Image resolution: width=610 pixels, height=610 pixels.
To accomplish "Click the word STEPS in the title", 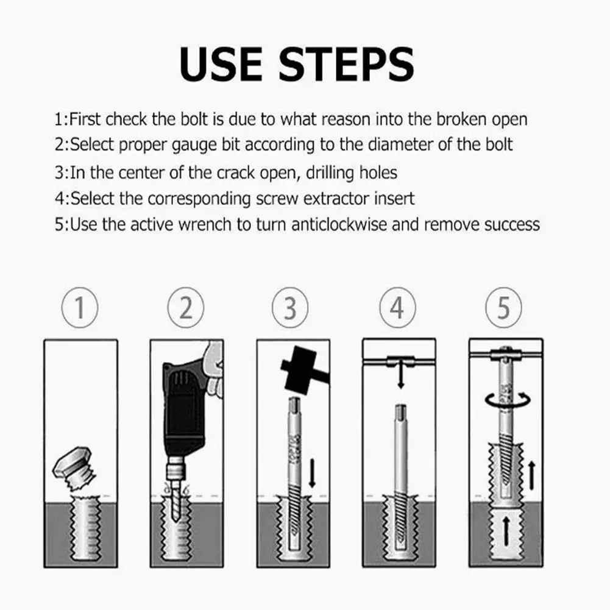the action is [347, 64].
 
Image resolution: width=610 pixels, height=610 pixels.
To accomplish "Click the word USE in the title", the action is [221, 64].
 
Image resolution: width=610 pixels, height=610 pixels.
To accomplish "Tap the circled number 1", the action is [80, 308].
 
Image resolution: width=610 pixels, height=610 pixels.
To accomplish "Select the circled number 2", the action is [186, 308].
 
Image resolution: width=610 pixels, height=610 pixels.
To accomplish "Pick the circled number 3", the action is [290, 308].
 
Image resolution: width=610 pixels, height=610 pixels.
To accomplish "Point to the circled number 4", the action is [397, 308].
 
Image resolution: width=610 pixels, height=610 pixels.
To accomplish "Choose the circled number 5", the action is [503, 308].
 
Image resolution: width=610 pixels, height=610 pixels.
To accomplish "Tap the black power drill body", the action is [182, 408].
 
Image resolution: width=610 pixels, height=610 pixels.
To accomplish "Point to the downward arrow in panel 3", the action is [312, 473].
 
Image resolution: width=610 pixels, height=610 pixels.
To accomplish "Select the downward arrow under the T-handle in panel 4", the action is [401, 375].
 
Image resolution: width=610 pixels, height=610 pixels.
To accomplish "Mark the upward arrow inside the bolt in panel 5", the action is [506, 531].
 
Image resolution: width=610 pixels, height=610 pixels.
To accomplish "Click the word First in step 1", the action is [85, 119].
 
